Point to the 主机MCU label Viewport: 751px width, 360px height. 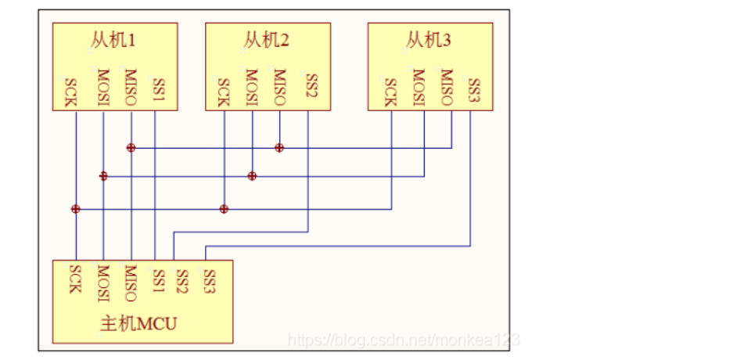pyautogui.click(x=139, y=323)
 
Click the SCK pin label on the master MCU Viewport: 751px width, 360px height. pyautogui.click(x=75, y=279)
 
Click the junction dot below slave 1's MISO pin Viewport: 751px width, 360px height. pyautogui.click(x=131, y=147)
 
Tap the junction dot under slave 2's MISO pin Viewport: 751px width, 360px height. pyautogui.click(x=278, y=147)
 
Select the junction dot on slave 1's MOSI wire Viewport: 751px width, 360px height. pyautogui.click(x=103, y=176)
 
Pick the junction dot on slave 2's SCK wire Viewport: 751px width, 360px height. pyautogui.click(x=224, y=209)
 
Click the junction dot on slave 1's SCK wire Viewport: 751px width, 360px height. pyautogui.click(x=75, y=209)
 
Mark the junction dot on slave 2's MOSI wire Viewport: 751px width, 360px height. pyautogui.click(x=252, y=176)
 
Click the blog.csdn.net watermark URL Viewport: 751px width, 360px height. pyautogui.click(x=404, y=340)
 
